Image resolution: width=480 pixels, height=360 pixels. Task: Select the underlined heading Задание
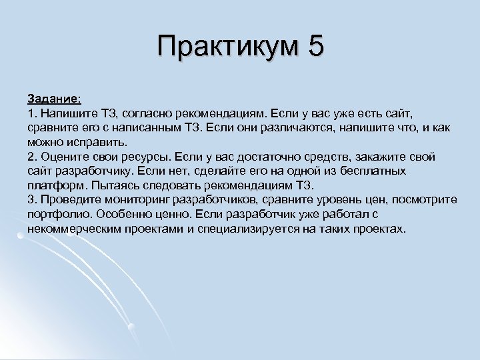pos(53,98)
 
